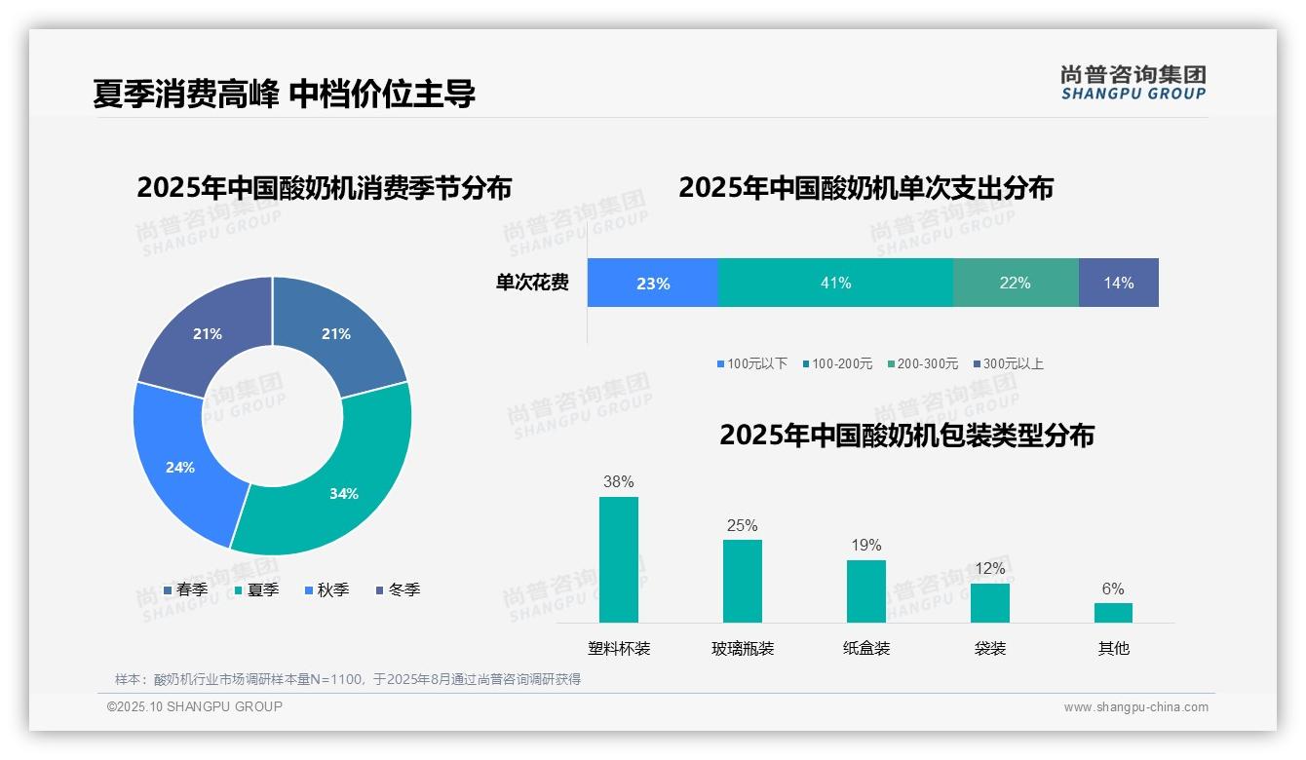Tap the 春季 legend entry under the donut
(185, 589)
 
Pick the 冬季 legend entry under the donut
(398, 589)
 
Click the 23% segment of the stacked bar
(652, 284)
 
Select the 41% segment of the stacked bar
(835, 284)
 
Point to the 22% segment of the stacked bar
(1015, 284)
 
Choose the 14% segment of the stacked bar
(1118, 284)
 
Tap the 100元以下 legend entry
(752, 363)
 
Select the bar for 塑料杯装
(618, 559)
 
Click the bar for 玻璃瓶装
(742, 581)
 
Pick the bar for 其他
(1113, 612)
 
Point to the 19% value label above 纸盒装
(865, 545)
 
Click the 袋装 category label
(989, 648)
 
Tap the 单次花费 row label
(532, 284)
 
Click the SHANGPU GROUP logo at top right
(1133, 82)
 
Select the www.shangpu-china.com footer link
(1135, 707)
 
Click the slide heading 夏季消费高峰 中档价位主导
(284, 94)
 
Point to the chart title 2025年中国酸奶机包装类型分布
(906, 436)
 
